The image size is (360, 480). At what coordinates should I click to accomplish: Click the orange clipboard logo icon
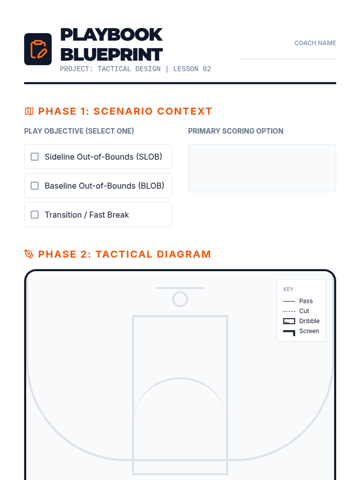pyautogui.click(x=38, y=49)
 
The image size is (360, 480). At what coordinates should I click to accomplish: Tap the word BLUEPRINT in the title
pyautogui.click(x=111, y=55)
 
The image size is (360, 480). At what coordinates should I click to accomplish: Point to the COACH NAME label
pyautogui.click(x=315, y=43)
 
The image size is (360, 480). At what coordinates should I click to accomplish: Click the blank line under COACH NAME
pyautogui.click(x=288, y=58)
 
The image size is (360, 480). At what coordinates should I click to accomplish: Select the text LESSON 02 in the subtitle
pyautogui.click(x=192, y=69)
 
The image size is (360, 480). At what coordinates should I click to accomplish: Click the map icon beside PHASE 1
pyautogui.click(x=29, y=111)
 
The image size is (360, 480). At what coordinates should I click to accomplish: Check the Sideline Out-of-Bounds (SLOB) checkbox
pyautogui.click(x=34, y=157)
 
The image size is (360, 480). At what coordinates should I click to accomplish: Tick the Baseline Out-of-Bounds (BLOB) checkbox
pyautogui.click(x=34, y=186)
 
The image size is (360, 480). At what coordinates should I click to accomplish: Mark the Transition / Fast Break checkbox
pyautogui.click(x=34, y=214)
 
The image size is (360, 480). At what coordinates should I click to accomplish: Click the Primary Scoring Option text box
pyautogui.click(x=262, y=168)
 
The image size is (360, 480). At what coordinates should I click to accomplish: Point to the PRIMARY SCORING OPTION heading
pyautogui.click(x=235, y=131)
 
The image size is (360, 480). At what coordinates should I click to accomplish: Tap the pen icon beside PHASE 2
pyautogui.click(x=29, y=254)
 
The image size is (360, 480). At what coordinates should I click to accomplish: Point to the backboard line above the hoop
pyautogui.click(x=180, y=288)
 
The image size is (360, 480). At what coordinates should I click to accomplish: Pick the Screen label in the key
pyautogui.click(x=309, y=331)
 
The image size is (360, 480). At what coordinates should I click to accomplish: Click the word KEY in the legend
pyautogui.click(x=288, y=289)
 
